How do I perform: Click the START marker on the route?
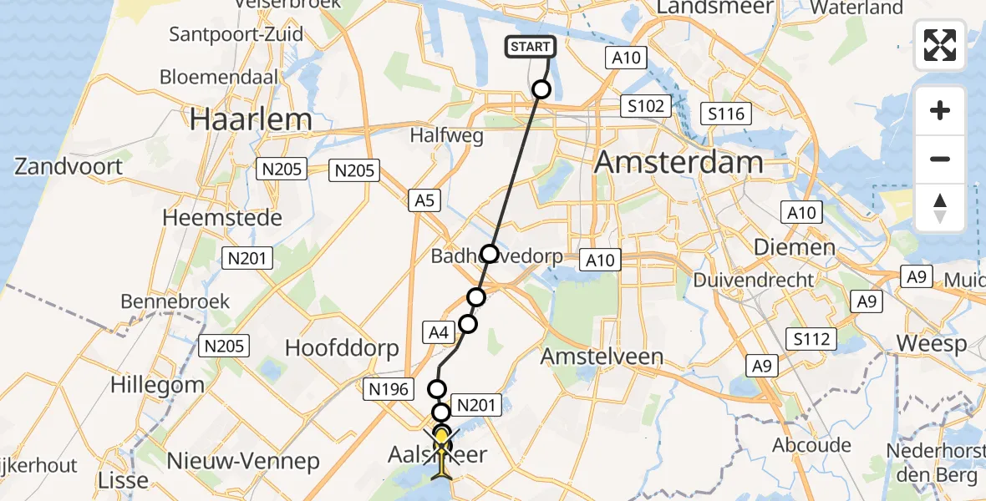pyautogui.click(x=531, y=47)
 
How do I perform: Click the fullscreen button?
pyautogui.click(x=940, y=45)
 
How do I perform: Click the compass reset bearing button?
pyautogui.click(x=940, y=208)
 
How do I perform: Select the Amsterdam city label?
pyautogui.click(x=679, y=162)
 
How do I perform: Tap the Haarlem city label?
pyautogui.click(x=251, y=119)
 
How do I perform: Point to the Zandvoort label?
pyautogui.click(x=69, y=166)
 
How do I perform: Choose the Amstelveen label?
pyautogui.click(x=601, y=357)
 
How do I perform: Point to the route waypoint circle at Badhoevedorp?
pyautogui.click(x=489, y=253)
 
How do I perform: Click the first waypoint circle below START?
pyautogui.click(x=541, y=89)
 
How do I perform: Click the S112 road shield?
pyautogui.click(x=811, y=338)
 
